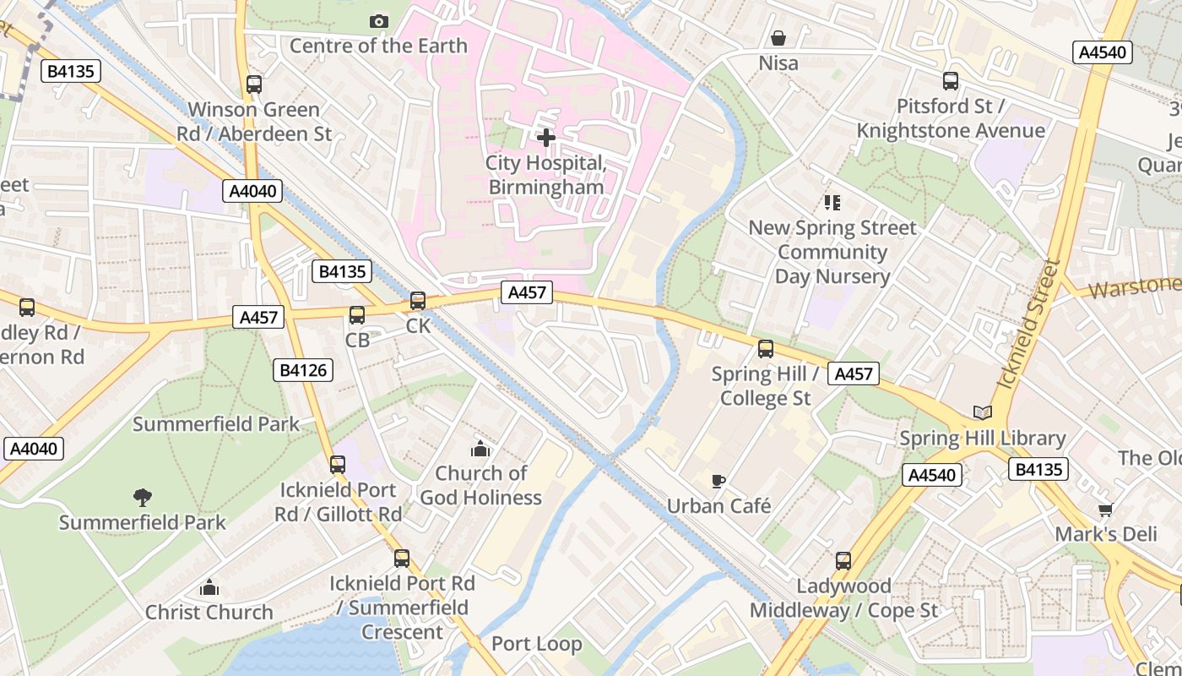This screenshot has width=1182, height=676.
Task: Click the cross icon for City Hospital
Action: coord(546,137)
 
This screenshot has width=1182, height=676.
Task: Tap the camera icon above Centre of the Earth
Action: coord(379,21)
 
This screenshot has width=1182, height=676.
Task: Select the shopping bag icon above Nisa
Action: coord(778,38)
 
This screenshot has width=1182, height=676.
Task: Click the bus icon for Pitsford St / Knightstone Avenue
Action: coord(951,81)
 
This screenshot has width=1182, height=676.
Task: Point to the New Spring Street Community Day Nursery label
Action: coord(832,252)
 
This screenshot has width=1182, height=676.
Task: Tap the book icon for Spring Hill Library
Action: coord(982,412)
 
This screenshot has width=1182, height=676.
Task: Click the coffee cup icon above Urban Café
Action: coord(718,481)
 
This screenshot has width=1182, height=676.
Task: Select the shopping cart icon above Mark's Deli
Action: coord(1105,510)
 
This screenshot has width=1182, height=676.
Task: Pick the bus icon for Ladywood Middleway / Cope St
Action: coord(843,560)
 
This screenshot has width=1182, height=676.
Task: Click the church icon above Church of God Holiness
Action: coord(480,448)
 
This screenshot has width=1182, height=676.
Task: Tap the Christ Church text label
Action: coord(209,612)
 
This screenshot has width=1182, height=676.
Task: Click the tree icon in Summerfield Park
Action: coord(142,497)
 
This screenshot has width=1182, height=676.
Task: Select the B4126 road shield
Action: coord(303,369)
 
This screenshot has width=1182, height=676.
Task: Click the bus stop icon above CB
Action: coord(357,315)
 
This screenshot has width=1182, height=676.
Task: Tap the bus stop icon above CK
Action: coord(418,301)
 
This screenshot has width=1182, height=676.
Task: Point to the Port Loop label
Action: coord(536,644)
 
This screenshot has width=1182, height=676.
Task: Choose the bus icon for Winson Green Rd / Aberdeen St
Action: coord(254,84)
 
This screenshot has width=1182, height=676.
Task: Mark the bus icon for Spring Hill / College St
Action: coord(766,348)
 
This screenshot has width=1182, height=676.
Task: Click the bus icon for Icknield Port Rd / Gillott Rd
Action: coord(338,464)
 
